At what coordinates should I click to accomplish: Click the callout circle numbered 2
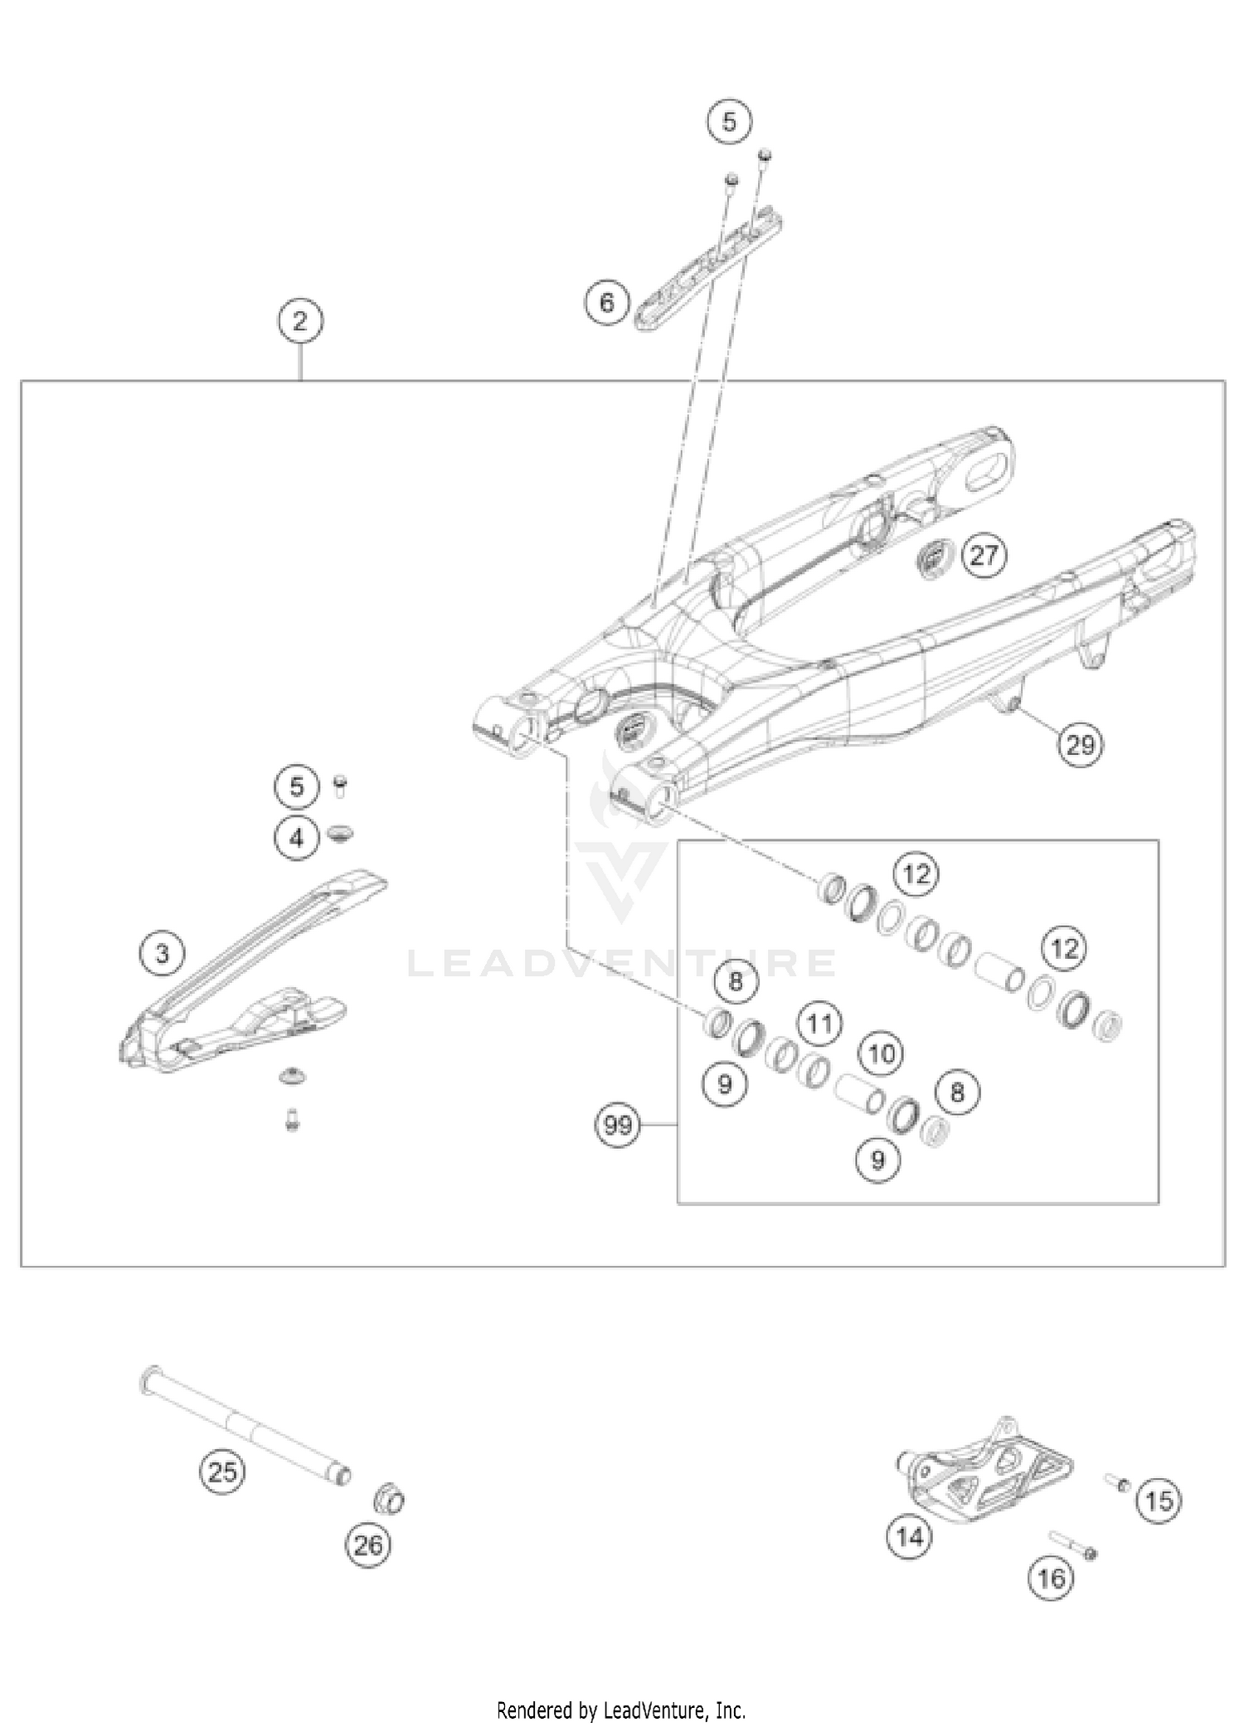(x=300, y=321)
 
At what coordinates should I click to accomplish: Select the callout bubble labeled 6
(x=607, y=303)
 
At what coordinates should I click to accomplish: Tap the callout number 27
(x=984, y=555)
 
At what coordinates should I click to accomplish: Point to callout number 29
(x=1080, y=745)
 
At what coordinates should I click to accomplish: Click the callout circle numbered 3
(x=163, y=953)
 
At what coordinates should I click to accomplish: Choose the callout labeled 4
(x=297, y=838)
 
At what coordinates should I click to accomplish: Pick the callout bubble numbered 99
(x=618, y=1126)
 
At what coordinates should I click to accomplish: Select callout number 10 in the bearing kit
(x=882, y=1054)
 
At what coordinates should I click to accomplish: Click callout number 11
(x=819, y=1024)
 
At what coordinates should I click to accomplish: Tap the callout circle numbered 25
(x=222, y=1472)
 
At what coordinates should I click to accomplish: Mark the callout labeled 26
(x=368, y=1544)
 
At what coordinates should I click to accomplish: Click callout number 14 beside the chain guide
(x=910, y=1537)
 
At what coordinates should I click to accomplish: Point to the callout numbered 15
(x=1159, y=1500)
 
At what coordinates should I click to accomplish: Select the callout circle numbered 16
(x=1051, y=1577)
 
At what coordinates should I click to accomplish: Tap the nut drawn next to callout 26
(x=390, y=1498)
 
